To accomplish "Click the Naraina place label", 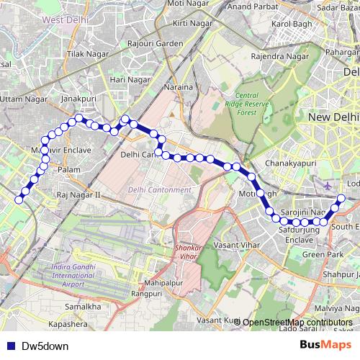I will click(x=180, y=87).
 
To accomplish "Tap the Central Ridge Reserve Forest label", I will click(x=256, y=104).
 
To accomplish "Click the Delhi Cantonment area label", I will click(x=160, y=190).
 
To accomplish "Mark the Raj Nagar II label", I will click(x=81, y=195).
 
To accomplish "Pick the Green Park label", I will click(x=322, y=255).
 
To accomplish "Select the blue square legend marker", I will click(x=10, y=346).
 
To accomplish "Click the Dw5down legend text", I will click(x=45, y=346).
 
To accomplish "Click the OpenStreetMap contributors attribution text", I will click(x=297, y=322).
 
